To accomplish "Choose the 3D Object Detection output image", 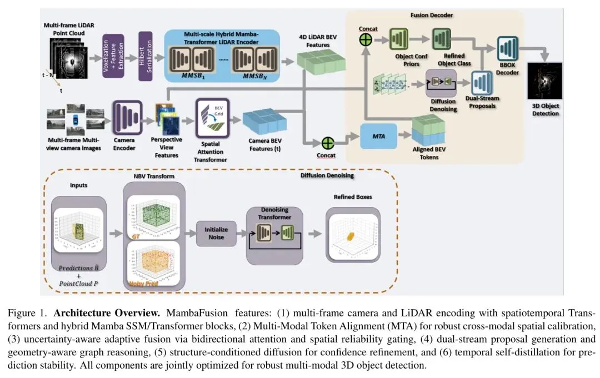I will tap(544, 81).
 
